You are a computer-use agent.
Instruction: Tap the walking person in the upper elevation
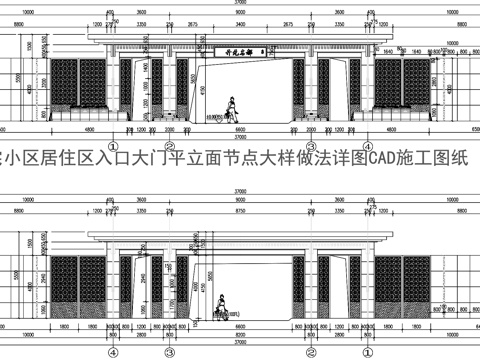[230, 105]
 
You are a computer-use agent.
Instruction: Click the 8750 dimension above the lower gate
[240, 210]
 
